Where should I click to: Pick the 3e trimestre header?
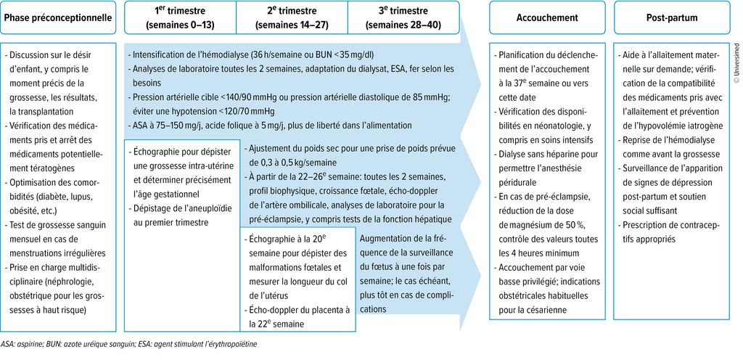tap(403, 16)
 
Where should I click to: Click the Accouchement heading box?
tap(546, 16)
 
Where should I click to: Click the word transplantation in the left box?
tap(44, 112)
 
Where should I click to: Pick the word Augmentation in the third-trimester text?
tap(389, 237)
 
